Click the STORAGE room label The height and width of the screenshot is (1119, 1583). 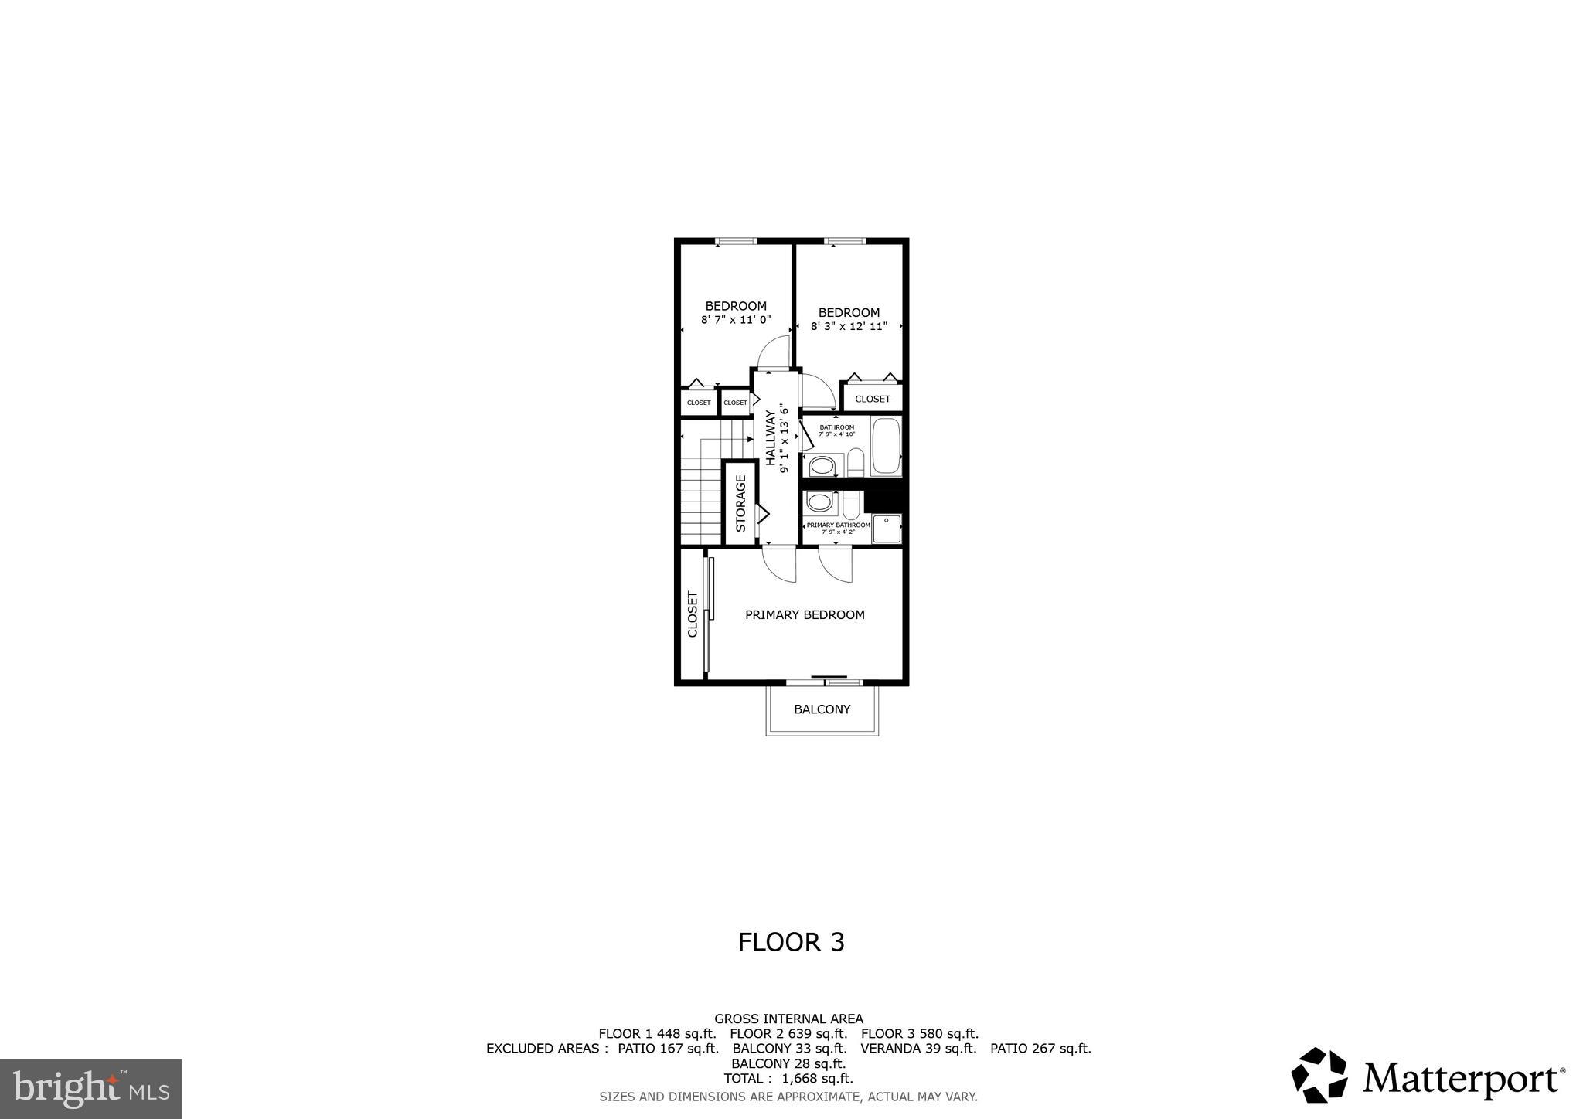(x=740, y=504)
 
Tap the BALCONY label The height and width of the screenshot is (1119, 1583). (x=822, y=709)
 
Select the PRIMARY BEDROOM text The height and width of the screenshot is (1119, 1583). (x=805, y=615)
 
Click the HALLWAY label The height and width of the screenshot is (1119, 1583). (x=771, y=439)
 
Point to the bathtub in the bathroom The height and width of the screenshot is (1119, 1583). (x=886, y=446)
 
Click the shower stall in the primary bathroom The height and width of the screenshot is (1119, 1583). (x=887, y=529)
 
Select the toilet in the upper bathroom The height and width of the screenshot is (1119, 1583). (x=855, y=463)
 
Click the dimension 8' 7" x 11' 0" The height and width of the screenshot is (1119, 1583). (x=736, y=320)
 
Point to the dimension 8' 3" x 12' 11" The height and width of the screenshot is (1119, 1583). (x=849, y=326)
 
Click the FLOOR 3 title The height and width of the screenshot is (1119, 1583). (x=791, y=942)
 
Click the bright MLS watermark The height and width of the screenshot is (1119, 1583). (x=91, y=1089)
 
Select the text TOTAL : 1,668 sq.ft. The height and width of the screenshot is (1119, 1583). (x=788, y=1079)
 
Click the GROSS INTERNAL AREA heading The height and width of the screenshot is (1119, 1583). (x=788, y=1019)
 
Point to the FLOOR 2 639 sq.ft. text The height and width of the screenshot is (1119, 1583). (x=788, y=1034)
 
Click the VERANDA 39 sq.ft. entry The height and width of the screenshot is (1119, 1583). (x=918, y=1049)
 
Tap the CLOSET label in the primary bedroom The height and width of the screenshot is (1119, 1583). (x=693, y=615)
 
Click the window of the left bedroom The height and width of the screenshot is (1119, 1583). (x=735, y=242)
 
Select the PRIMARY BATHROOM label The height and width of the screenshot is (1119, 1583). (x=838, y=525)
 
